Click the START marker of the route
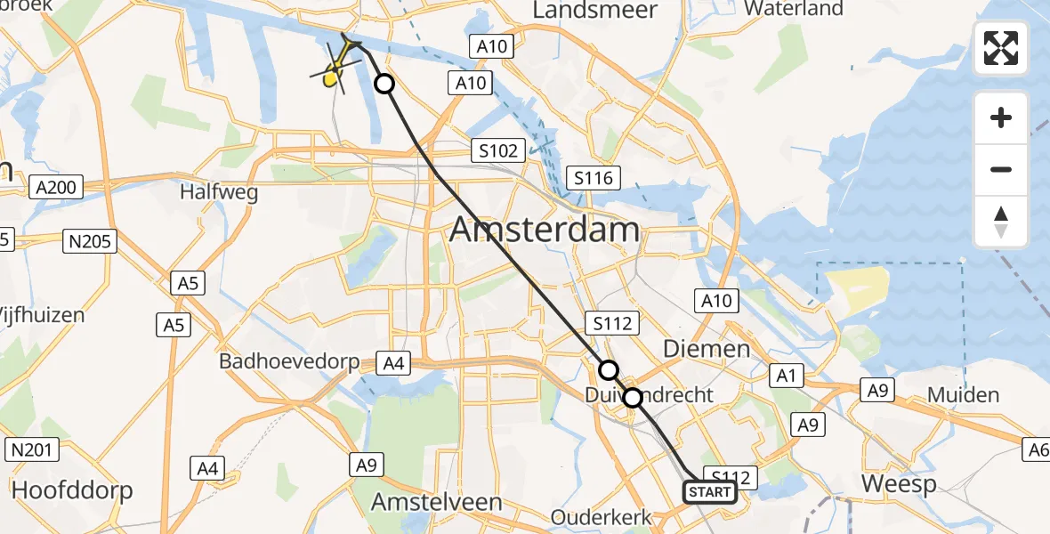click(x=710, y=492)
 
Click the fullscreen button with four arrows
click(x=1001, y=48)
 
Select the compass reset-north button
click(x=1001, y=222)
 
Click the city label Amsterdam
click(x=545, y=230)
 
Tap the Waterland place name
click(x=794, y=9)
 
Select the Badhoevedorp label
click(x=290, y=362)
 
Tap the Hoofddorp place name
click(x=72, y=490)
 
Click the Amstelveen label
click(x=436, y=501)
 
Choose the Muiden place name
click(x=963, y=394)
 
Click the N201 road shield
click(x=29, y=450)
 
